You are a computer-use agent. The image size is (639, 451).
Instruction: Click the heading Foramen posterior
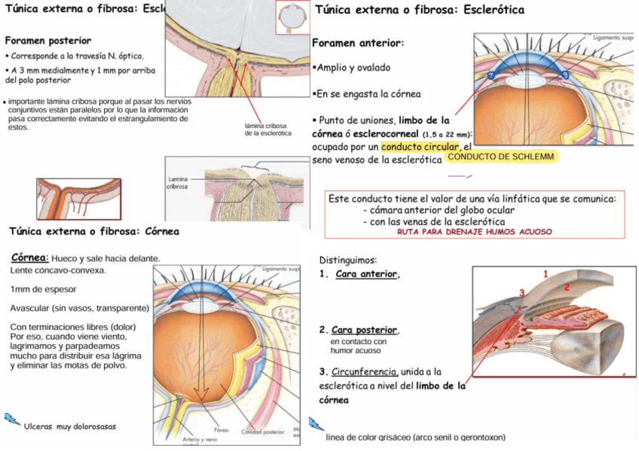coord(48,41)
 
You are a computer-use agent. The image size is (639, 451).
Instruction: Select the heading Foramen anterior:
coord(357,44)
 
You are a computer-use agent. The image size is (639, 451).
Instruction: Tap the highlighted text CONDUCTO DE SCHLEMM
coord(501,157)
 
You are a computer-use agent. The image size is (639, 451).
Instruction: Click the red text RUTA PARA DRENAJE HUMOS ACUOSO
coord(474,232)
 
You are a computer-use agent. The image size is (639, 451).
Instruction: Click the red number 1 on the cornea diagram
coord(546,275)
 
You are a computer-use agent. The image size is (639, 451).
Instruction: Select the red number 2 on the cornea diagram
coord(567,287)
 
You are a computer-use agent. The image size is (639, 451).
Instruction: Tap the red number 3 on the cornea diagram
coord(521,292)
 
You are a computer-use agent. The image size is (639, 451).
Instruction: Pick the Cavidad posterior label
coord(262,431)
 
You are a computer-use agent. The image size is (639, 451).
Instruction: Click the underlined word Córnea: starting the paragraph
coord(31,258)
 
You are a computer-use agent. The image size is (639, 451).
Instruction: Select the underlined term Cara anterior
coord(366,273)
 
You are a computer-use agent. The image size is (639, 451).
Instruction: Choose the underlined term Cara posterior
coord(365,330)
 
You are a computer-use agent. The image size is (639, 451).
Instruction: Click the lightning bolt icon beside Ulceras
coord(13,419)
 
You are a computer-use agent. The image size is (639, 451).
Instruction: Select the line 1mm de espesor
coord(43,288)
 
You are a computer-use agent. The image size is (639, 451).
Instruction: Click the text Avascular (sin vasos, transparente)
coord(78,308)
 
